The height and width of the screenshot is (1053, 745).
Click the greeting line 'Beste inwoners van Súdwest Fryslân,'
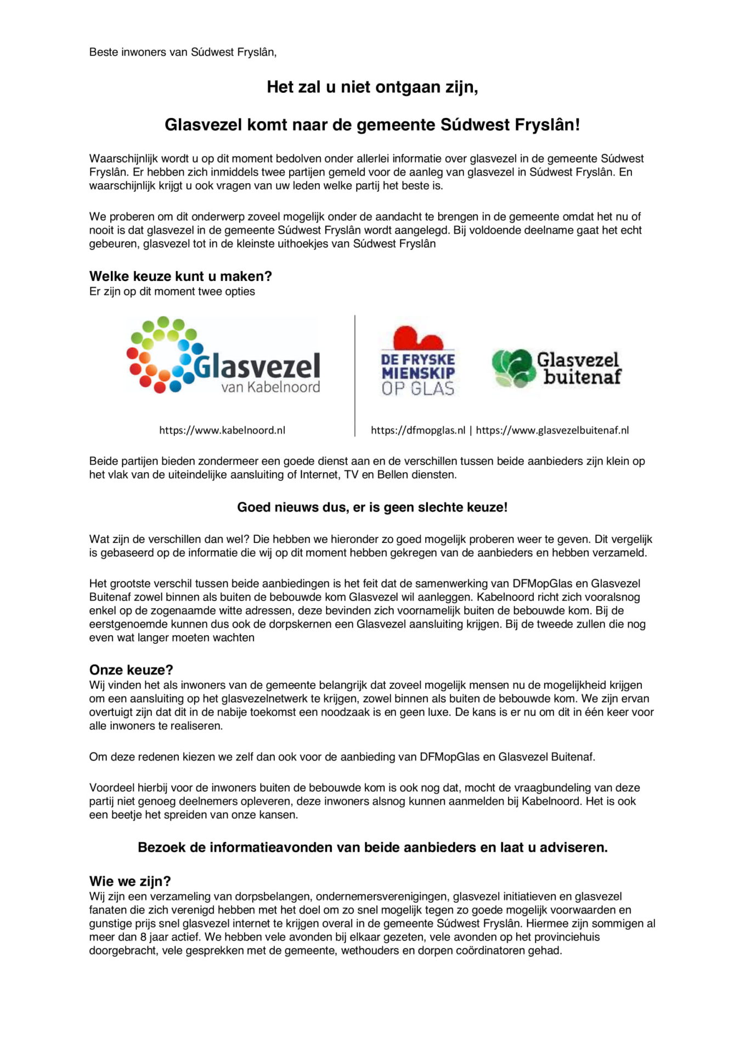183,52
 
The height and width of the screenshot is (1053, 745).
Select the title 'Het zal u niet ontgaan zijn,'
372,87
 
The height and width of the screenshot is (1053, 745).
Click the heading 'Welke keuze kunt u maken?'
180,276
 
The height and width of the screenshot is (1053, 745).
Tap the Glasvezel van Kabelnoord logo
223,356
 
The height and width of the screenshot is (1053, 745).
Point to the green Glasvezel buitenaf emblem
513,368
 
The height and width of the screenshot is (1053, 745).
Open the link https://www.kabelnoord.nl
222,431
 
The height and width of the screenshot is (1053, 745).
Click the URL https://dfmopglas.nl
418,431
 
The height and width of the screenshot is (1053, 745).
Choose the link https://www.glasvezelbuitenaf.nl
552,431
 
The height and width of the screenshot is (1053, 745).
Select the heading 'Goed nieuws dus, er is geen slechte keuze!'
372,507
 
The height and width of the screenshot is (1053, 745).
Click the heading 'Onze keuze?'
131,670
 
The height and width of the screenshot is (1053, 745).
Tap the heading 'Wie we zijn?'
130,881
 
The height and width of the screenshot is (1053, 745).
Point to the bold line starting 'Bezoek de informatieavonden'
372,847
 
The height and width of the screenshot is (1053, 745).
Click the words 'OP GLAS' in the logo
418,389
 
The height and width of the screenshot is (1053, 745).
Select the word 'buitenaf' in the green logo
582,377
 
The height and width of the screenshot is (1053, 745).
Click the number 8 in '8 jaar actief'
143,937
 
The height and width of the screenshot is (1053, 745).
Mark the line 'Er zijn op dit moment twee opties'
172,292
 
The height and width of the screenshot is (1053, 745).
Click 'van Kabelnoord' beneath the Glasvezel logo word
270,387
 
